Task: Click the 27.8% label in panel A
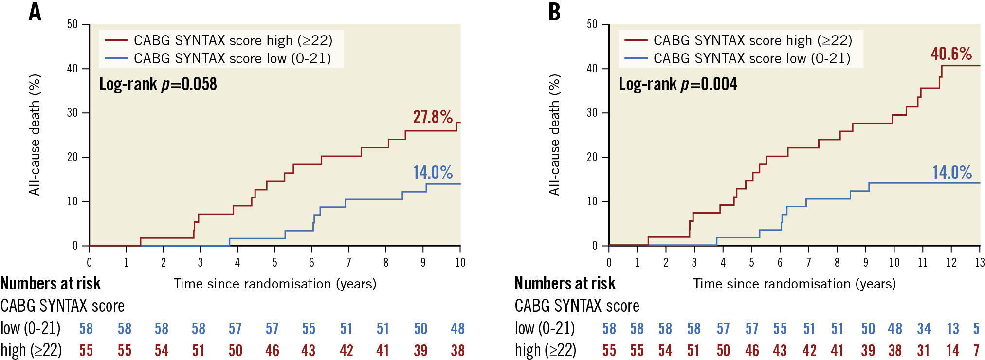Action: [433, 117]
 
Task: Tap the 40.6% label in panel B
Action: [951, 54]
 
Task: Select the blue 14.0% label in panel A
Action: [433, 172]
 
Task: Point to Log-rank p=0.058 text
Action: [158, 84]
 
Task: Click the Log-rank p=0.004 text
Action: [677, 84]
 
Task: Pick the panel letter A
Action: [35, 12]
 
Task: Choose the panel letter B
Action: [554, 12]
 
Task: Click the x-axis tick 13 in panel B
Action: [979, 263]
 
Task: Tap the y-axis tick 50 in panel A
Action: [73, 24]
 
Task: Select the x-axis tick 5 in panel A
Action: [274, 263]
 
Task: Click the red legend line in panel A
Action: [116, 40]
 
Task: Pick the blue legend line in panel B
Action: [636, 58]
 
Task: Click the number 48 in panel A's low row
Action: [457, 329]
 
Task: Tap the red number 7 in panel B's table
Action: [976, 350]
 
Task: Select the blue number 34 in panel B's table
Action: [924, 329]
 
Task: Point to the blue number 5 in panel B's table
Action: [976, 329]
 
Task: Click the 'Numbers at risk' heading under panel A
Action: [51, 283]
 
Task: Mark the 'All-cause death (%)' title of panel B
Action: [554, 135]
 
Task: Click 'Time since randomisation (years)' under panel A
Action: [275, 284]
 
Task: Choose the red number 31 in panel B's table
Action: [923, 350]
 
